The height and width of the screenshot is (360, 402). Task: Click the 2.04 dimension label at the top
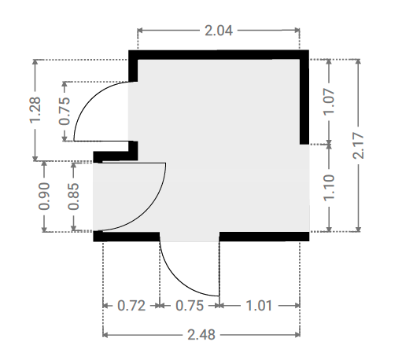219,31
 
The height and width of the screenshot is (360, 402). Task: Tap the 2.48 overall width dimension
201,335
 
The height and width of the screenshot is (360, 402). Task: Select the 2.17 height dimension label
359,145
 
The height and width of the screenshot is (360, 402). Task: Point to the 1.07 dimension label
329,101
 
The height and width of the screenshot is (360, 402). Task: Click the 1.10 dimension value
329,188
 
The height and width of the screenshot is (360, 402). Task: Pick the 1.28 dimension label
35,110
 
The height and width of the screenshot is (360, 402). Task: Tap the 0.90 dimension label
44,197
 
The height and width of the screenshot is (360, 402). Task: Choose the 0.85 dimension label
73,197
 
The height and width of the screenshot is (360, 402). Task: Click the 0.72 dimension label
131,306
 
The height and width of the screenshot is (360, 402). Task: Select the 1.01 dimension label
259,306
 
